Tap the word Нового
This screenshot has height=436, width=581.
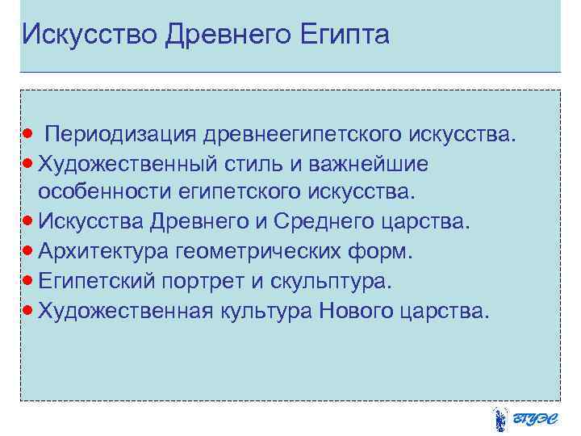pos(355,311)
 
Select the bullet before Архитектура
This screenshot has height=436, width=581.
pos(28,249)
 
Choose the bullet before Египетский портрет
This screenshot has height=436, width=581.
pos(28,279)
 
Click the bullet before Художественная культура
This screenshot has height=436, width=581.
pos(28,309)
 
